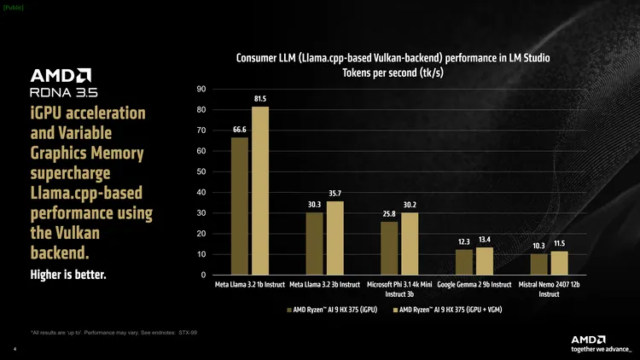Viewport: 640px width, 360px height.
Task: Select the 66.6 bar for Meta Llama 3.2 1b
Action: click(240, 206)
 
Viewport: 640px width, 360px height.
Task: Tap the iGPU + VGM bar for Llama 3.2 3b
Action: click(335, 238)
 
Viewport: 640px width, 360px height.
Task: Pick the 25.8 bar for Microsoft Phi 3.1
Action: click(389, 248)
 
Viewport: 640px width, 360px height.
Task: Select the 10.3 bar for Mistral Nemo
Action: click(538, 264)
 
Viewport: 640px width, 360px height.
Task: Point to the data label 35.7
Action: click(335, 194)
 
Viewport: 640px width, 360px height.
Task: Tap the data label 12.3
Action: click(464, 242)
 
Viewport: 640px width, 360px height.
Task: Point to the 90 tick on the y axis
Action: click(201, 90)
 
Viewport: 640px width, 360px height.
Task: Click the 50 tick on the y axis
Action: click(201, 172)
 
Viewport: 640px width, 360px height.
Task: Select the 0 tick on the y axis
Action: click(203, 275)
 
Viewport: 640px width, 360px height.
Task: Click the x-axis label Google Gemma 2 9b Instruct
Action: click(474, 285)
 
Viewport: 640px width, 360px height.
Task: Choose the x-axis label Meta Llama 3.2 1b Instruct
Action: click(249, 285)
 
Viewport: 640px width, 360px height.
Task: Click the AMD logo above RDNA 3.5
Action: click(61, 74)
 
